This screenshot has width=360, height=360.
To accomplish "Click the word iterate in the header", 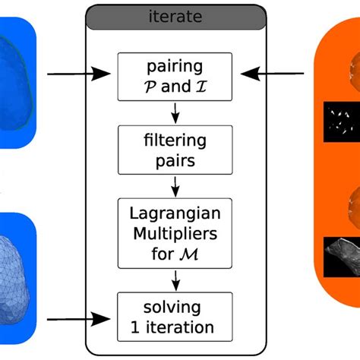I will [175, 16].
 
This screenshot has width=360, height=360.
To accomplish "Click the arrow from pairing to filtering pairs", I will [175, 113].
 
